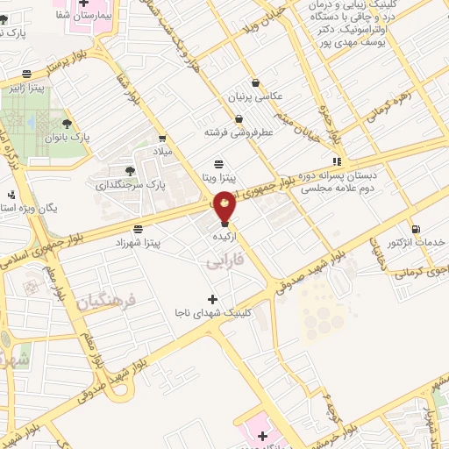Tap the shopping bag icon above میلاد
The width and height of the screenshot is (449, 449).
[x=163, y=138]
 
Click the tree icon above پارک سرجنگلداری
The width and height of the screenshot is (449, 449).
[x=130, y=171]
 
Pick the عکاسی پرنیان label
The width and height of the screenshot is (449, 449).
[x=254, y=95]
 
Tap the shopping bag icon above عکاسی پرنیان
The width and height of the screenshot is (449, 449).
[x=254, y=82]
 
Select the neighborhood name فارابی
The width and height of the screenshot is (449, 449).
[x=222, y=260]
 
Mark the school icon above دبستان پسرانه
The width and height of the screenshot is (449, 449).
[x=337, y=161]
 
